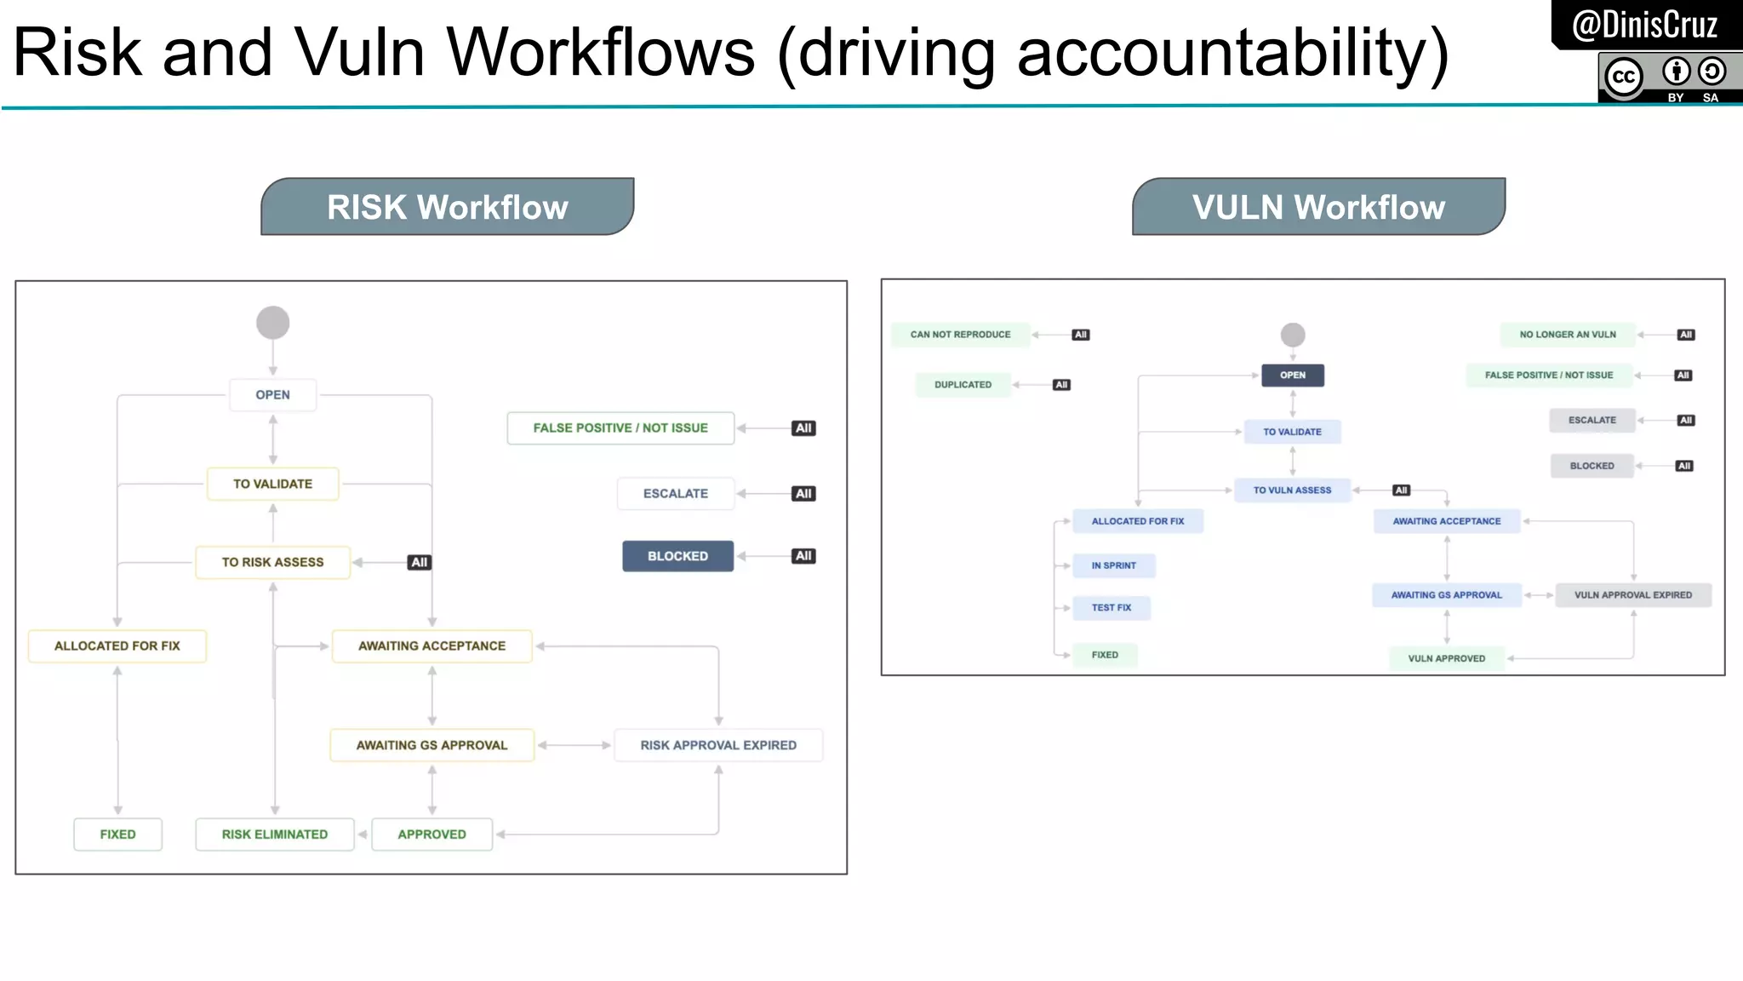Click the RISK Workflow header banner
pyautogui.click(x=447, y=207)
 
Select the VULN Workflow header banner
pyautogui.click(x=1318, y=207)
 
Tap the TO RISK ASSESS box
pyautogui.click(x=273, y=562)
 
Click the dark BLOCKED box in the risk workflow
pyautogui.click(x=677, y=556)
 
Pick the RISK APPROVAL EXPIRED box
pyautogui.click(x=718, y=745)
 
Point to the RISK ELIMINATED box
pyautogui.click(x=274, y=835)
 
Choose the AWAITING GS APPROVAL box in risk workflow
pyautogui.click(x=431, y=745)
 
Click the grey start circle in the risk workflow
pyautogui.click(x=273, y=323)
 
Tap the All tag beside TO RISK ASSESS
pyautogui.click(x=419, y=562)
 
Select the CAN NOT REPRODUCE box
pyautogui.click(x=960, y=335)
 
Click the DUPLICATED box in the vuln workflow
pyautogui.click(x=963, y=385)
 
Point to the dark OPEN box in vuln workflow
pyautogui.click(x=1292, y=376)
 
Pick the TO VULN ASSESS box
pyautogui.click(x=1292, y=490)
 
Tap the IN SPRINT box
pyautogui.click(x=1113, y=565)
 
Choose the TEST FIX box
pyautogui.click(x=1112, y=608)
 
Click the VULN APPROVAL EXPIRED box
pyautogui.click(x=1632, y=595)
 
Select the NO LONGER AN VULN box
pyautogui.click(x=1568, y=335)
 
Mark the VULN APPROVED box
pyautogui.click(x=1446, y=658)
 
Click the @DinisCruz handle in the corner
pyautogui.click(x=1644, y=25)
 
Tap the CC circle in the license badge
pyautogui.click(x=1623, y=77)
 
